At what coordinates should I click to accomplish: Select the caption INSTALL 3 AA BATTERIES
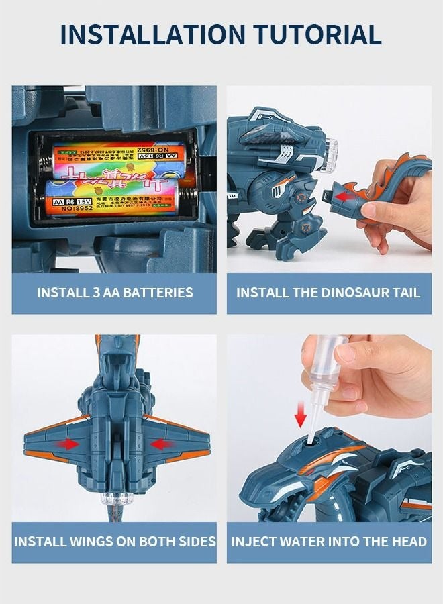(115, 293)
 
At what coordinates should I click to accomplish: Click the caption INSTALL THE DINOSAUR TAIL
(328, 293)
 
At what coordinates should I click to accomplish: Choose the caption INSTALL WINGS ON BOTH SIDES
(115, 542)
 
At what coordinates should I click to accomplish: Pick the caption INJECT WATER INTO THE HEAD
(329, 542)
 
